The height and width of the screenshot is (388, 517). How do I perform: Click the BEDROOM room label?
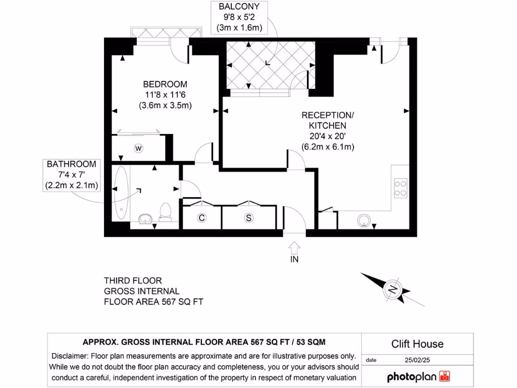pyautogui.click(x=165, y=84)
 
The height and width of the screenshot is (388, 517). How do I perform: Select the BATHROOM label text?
pyautogui.click(x=71, y=164)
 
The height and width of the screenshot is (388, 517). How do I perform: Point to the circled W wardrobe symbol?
pyautogui.click(x=138, y=149)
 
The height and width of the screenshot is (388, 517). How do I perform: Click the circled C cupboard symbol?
pyautogui.click(x=201, y=218)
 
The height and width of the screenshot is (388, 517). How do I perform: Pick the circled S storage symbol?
pyautogui.click(x=248, y=218)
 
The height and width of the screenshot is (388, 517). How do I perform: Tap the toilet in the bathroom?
pyautogui.click(x=166, y=212)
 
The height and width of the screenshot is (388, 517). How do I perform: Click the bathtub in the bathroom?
pyautogui.click(x=121, y=193)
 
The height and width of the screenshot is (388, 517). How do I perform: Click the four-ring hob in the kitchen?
pyautogui.click(x=400, y=188)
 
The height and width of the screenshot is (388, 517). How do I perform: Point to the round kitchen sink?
pyautogui.click(x=364, y=220)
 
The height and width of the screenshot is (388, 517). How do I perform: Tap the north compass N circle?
pyautogui.click(x=392, y=289)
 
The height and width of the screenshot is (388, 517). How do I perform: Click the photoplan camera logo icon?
pyautogui.click(x=444, y=376)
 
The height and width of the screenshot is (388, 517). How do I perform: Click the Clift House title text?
pyautogui.click(x=418, y=344)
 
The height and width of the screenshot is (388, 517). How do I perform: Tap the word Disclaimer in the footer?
pyautogui.click(x=70, y=356)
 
